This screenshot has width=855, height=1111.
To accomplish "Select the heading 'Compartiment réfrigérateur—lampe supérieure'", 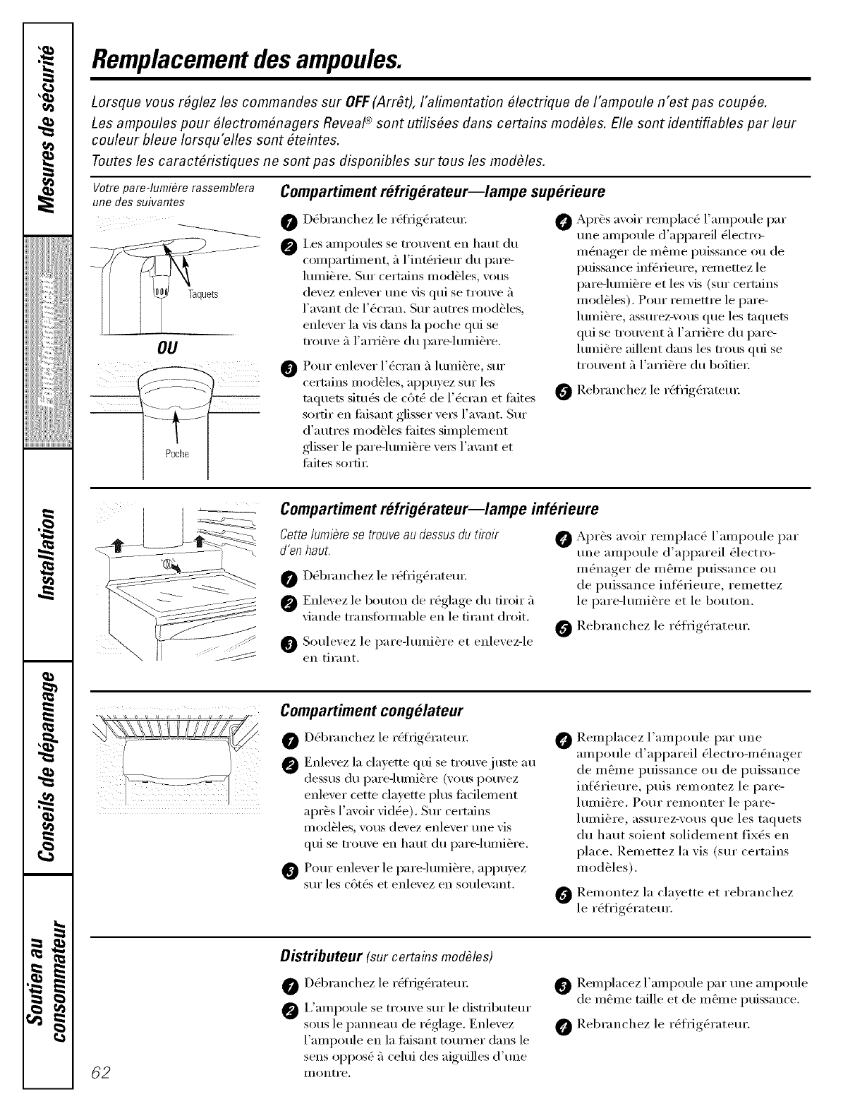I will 442,192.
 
